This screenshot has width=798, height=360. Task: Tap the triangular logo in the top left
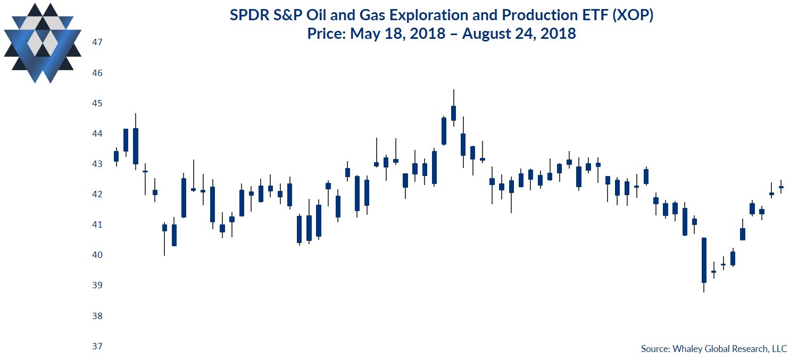click(43, 43)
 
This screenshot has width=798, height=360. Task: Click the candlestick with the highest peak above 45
click(453, 113)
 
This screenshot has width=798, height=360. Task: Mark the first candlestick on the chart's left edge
click(116, 156)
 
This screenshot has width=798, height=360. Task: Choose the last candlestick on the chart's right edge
click(781, 187)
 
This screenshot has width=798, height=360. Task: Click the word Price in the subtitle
click(325, 34)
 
